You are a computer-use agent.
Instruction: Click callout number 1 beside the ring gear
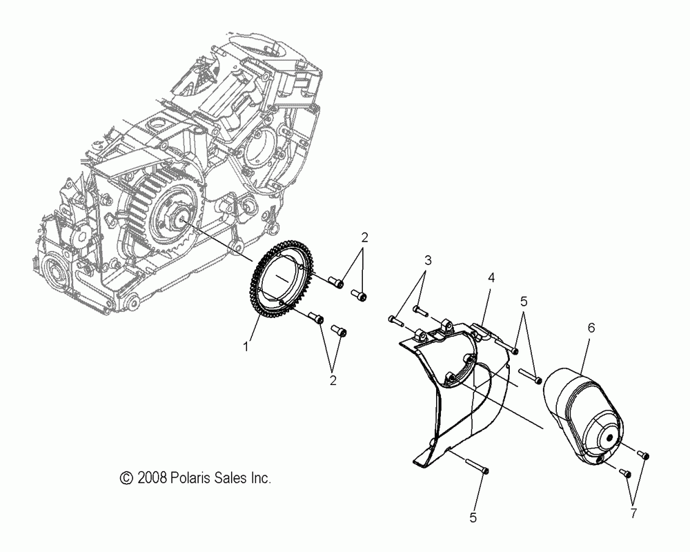click(x=246, y=348)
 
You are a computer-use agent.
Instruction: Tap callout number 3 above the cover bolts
click(x=428, y=260)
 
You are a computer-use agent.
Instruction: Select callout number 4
click(x=491, y=277)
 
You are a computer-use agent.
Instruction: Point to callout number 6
click(x=591, y=328)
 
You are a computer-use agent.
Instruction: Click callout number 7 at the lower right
click(x=633, y=513)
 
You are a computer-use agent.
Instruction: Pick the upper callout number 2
click(x=364, y=237)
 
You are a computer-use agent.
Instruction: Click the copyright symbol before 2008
click(x=126, y=477)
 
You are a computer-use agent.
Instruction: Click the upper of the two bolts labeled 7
click(x=644, y=455)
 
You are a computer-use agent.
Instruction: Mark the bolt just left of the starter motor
click(x=530, y=377)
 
